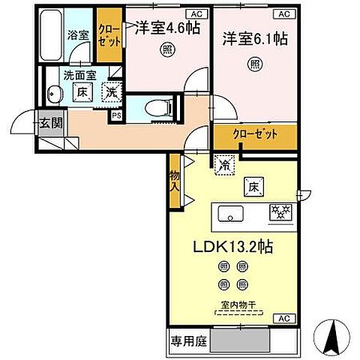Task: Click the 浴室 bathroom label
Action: pos(78,34)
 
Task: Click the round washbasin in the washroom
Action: pos(53,94)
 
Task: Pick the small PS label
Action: pos(116,115)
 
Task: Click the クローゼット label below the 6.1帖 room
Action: pos(254,135)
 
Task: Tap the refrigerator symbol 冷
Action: pos(223,161)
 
